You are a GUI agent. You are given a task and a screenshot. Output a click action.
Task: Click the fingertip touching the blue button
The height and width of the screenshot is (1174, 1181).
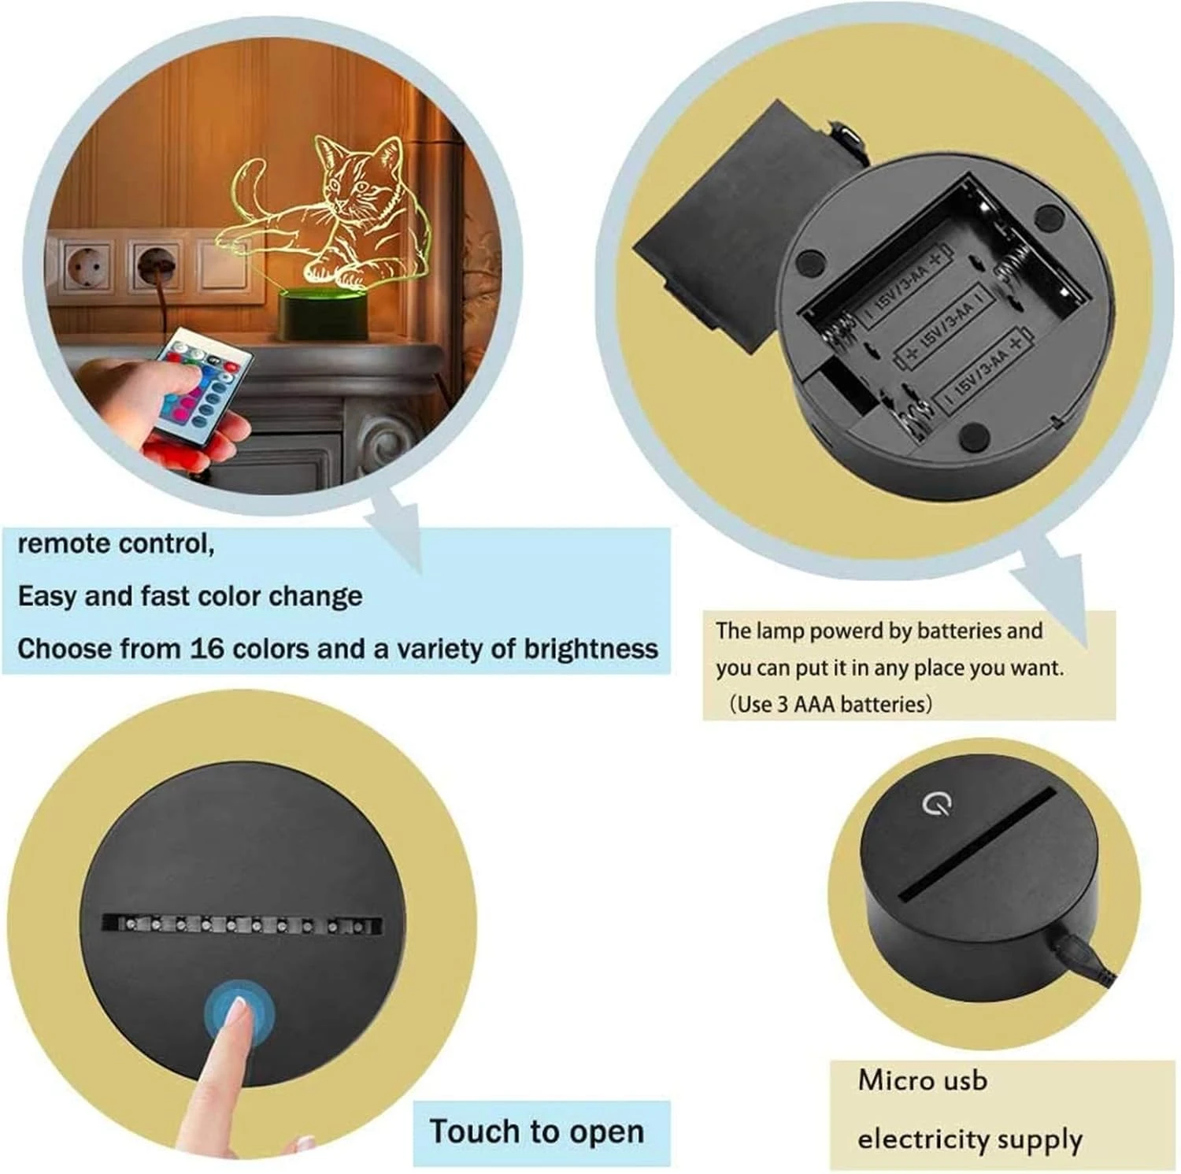point(237,1011)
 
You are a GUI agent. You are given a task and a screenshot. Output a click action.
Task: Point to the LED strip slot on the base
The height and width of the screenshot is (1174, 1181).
point(242,924)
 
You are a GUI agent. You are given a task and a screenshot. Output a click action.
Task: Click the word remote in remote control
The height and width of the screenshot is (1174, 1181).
point(65,543)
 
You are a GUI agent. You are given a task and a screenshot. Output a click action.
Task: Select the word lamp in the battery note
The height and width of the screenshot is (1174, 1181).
point(780,631)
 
